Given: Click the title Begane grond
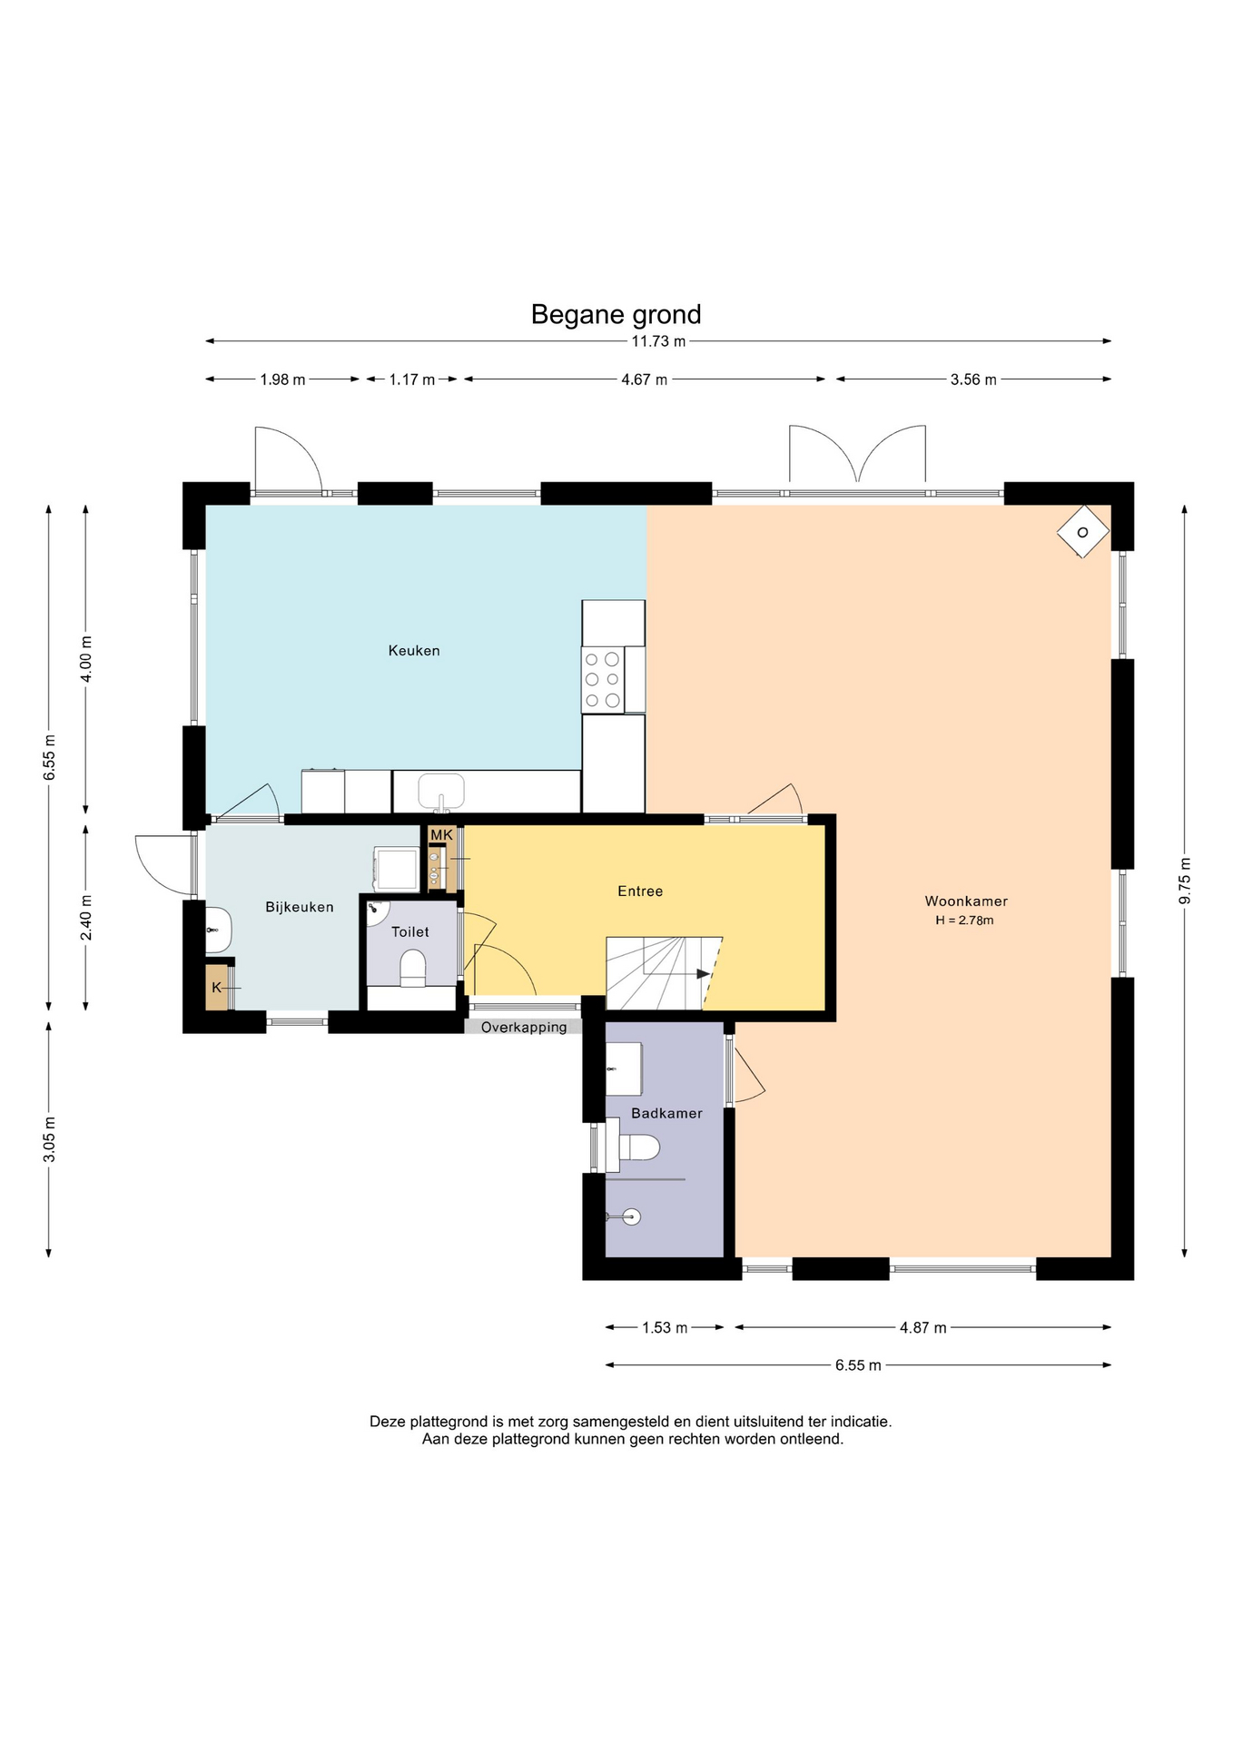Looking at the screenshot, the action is tap(616, 314).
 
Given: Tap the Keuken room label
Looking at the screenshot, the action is tap(414, 650).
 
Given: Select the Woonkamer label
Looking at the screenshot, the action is tap(966, 901).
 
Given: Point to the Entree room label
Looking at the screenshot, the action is tap(640, 891).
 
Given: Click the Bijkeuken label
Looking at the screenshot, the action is tap(300, 906).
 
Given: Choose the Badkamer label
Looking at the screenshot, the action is tap(666, 1113).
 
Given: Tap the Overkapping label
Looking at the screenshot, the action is tap(524, 1027).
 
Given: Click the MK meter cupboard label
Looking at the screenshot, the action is tap(441, 834).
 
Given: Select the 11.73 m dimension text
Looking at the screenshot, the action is tap(658, 341).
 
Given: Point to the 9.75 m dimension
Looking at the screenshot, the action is tap(1184, 881).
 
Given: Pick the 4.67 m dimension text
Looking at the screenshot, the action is tap(644, 379).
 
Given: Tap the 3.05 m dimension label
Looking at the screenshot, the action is tap(49, 1139).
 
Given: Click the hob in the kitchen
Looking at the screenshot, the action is tap(603, 680).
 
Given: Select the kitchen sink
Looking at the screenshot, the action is tap(441, 791).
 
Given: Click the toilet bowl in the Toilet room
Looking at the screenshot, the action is tap(412, 968).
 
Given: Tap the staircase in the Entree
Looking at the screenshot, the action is tap(664, 973).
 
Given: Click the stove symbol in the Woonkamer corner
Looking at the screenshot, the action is tap(1082, 532).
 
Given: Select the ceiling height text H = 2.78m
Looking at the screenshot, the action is tap(964, 921).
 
